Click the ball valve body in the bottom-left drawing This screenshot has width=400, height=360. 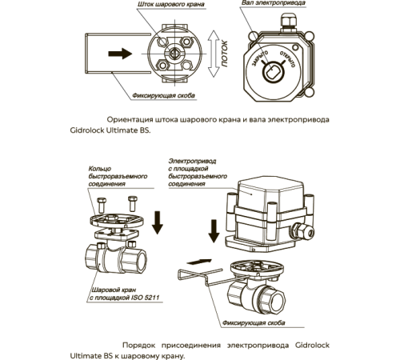(112, 258)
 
